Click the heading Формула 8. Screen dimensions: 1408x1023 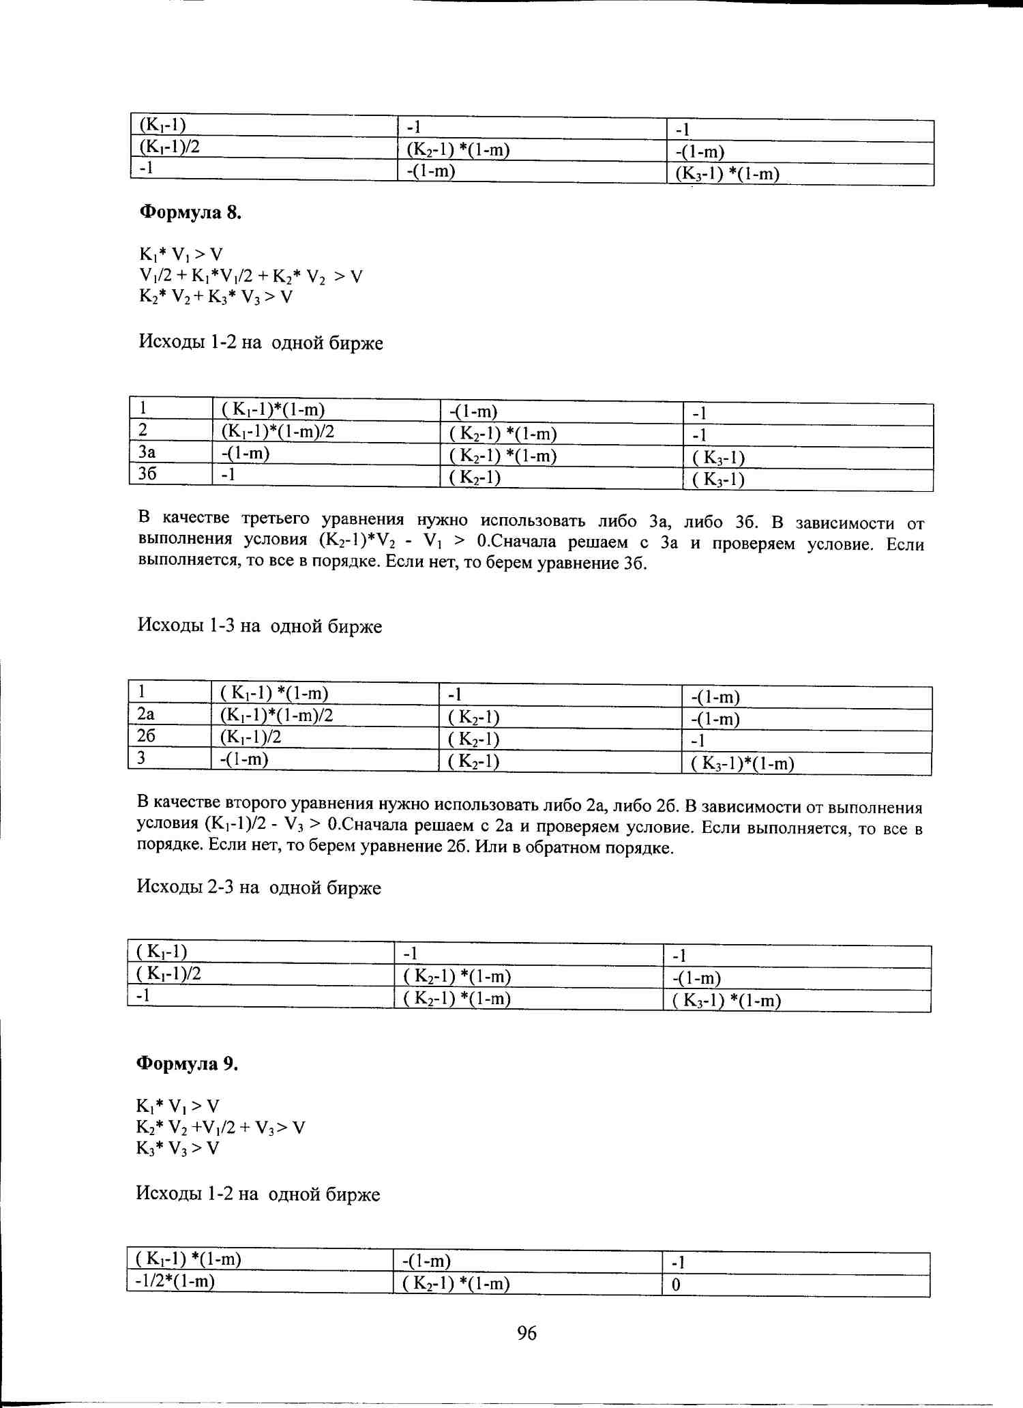[190, 213]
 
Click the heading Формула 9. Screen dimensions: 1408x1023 [187, 1064]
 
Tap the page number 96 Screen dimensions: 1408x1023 [527, 1333]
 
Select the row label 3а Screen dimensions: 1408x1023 [147, 452]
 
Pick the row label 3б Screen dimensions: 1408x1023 [147, 473]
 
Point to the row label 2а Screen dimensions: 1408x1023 [146, 714]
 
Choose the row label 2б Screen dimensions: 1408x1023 [146, 736]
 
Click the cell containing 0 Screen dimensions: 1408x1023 [676, 1285]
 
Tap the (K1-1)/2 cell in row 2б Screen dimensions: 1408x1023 [250, 737]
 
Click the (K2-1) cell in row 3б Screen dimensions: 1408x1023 [475, 478]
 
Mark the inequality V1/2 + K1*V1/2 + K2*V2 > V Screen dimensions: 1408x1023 [250, 276]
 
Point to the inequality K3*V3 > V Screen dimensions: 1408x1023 [177, 1149]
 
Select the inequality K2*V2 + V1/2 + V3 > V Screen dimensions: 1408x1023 [220, 1128]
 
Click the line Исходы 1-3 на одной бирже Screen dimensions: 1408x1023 [259, 626]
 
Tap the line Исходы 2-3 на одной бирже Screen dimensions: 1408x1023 [258, 888]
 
